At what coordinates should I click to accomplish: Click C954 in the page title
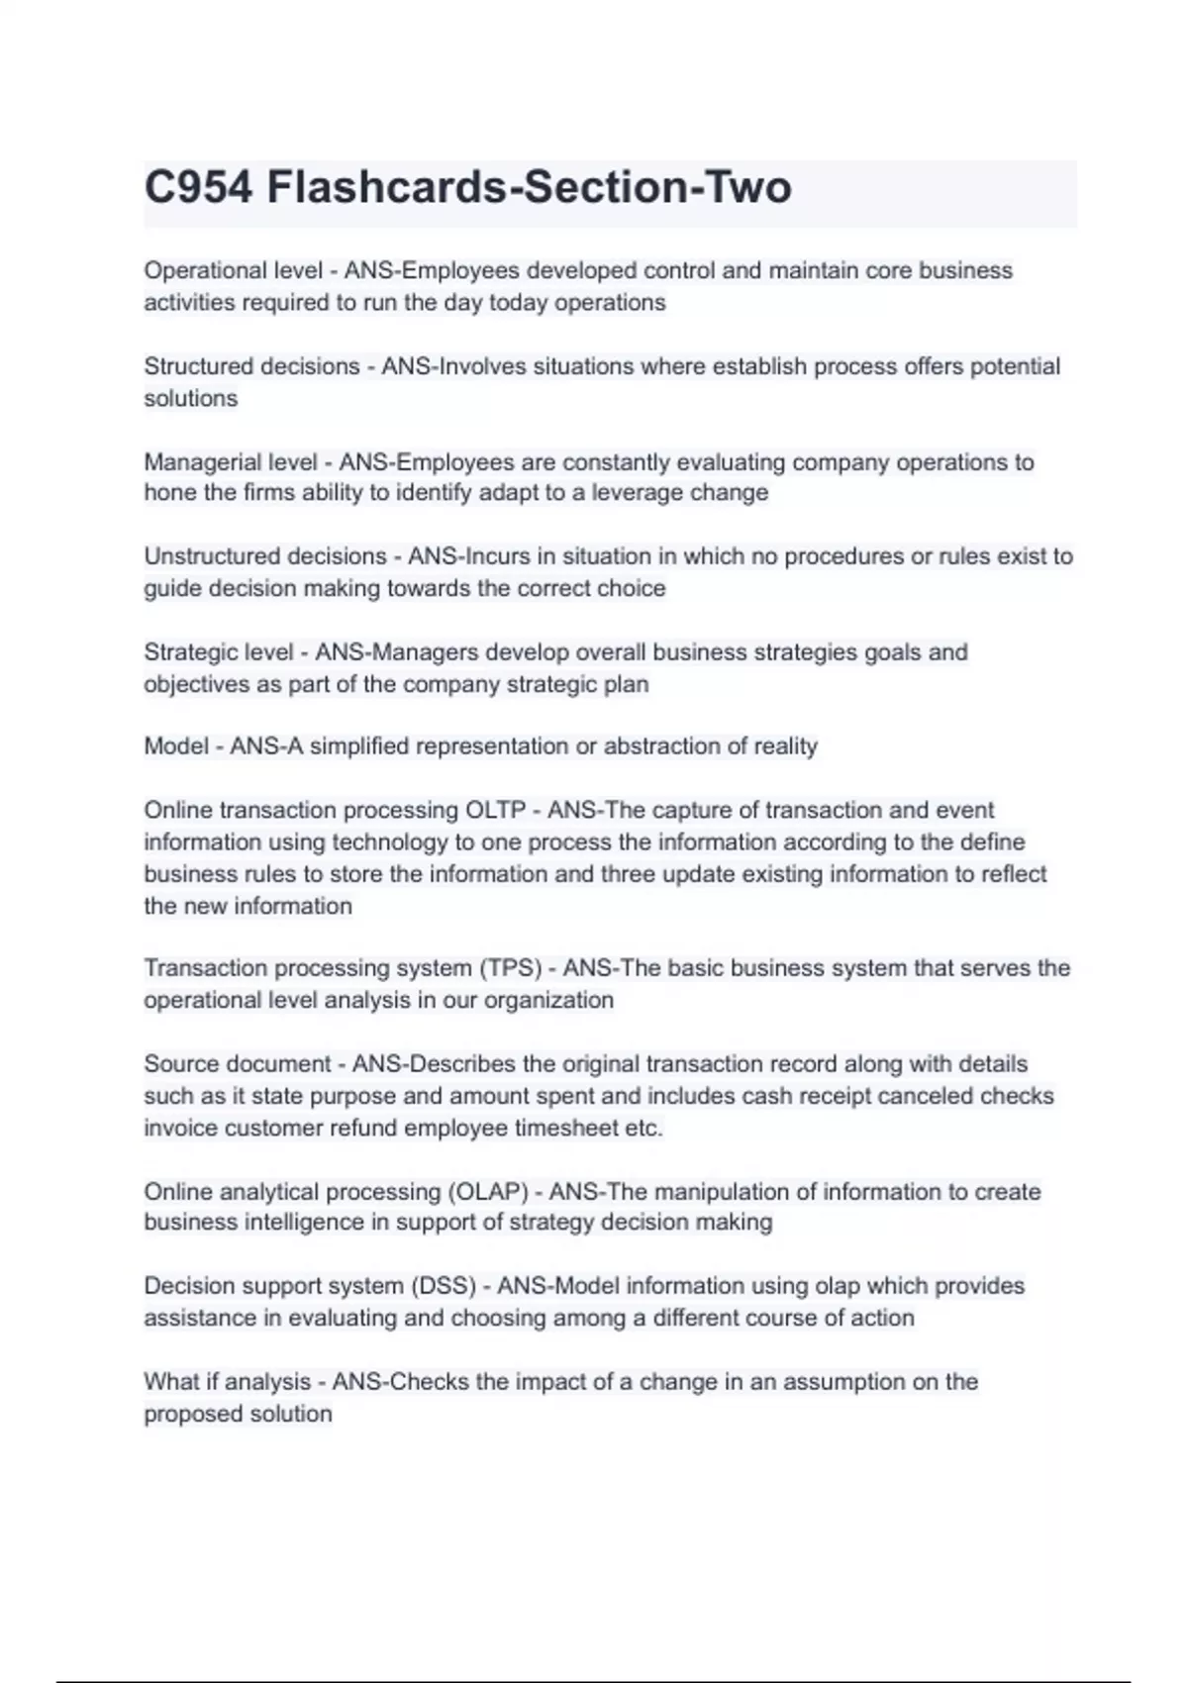(x=198, y=187)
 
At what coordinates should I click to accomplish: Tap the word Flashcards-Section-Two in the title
(x=529, y=187)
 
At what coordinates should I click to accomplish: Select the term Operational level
(x=233, y=270)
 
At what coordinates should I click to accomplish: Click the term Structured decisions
(x=251, y=366)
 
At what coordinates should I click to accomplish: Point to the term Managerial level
(x=231, y=462)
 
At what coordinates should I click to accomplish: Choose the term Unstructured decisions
(x=264, y=556)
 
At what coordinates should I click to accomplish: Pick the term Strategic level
(x=219, y=652)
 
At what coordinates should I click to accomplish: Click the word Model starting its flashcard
(x=176, y=746)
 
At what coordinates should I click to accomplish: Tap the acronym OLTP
(x=495, y=810)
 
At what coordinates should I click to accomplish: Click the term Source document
(x=237, y=1064)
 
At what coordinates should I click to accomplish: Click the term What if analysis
(x=227, y=1382)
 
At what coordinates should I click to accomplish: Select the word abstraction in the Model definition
(x=660, y=746)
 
